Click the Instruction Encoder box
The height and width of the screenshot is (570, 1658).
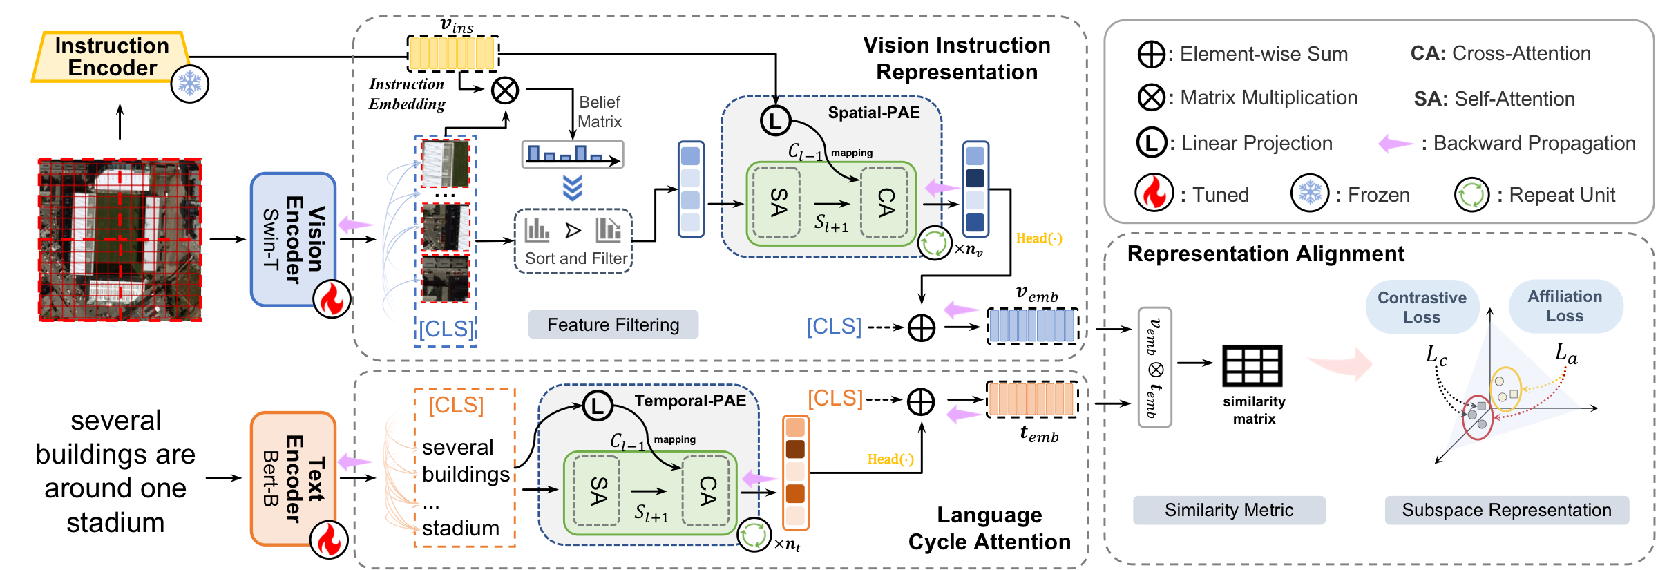click(x=111, y=57)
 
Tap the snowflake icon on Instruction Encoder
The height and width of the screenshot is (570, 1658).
click(x=189, y=84)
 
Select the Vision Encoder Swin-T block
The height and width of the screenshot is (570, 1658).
click(x=293, y=239)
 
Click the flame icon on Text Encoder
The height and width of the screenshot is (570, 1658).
click(x=329, y=540)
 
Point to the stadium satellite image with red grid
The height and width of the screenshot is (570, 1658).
click(x=120, y=239)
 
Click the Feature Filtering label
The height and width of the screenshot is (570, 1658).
click(x=613, y=325)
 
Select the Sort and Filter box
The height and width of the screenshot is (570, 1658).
click(x=573, y=241)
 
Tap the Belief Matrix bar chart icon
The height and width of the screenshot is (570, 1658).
click(x=572, y=154)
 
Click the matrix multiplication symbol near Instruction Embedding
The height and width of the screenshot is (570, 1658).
click(x=505, y=90)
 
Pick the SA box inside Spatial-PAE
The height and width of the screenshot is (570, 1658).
click(x=778, y=202)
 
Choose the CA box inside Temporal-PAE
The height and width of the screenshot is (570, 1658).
click(x=706, y=490)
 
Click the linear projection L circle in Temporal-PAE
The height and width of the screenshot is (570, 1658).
click(x=598, y=406)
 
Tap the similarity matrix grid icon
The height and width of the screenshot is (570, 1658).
click(x=1252, y=365)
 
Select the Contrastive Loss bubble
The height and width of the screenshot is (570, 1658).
click(x=1421, y=307)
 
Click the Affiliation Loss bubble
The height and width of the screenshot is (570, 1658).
click(x=1565, y=306)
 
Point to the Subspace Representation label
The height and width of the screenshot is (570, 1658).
click(x=1506, y=510)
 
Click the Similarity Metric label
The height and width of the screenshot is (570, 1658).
click(x=1228, y=510)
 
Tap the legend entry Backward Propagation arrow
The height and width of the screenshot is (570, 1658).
click(x=1395, y=144)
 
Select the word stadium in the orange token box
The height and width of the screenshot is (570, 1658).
click(x=460, y=528)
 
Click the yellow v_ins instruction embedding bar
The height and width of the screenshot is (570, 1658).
click(x=452, y=53)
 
